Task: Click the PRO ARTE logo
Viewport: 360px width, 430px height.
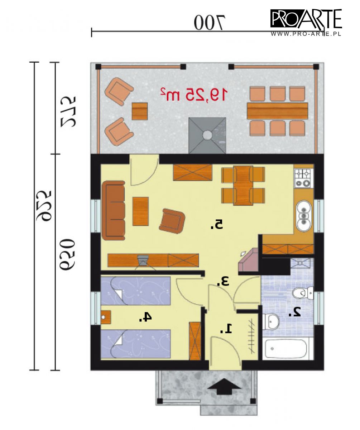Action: coord(306,19)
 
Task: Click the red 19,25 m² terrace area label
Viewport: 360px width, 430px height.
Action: coord(194,94)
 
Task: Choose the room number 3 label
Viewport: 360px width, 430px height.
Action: coord(223,281)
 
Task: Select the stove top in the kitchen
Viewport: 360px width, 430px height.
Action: coord(303,178)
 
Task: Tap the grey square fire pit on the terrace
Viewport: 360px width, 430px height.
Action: coord(207,135)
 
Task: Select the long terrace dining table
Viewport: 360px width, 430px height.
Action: coord(277,111)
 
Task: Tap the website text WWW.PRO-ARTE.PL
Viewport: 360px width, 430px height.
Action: coord(306,34)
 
